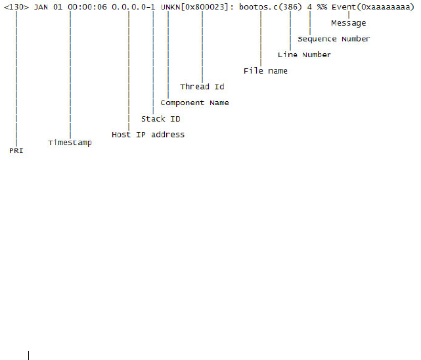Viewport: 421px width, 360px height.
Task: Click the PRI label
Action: click(16, 150)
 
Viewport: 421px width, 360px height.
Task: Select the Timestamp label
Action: click(70, 143)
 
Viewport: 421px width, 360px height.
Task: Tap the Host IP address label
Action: click(148, 135)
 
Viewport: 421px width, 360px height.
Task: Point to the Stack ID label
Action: click(160, 119)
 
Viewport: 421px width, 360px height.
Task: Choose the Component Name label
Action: click(194, 102)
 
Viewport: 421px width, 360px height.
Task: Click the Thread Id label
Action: click(202, 87)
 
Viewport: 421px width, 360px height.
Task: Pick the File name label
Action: click(265, 70)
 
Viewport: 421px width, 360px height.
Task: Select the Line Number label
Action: click(304, 55)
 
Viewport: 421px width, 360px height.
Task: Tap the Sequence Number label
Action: click(334, 39)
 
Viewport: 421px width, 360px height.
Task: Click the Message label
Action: click(349, 23)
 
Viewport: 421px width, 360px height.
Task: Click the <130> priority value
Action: click(16, 6)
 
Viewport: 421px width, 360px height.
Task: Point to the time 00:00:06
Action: click(87, 6)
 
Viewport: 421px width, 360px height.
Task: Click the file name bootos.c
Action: click(259, 6)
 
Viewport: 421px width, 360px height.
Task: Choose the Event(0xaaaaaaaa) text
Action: click(372, 6)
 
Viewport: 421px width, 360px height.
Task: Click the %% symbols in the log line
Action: click(322, 6)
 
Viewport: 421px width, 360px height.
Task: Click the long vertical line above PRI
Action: click(16, 79)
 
